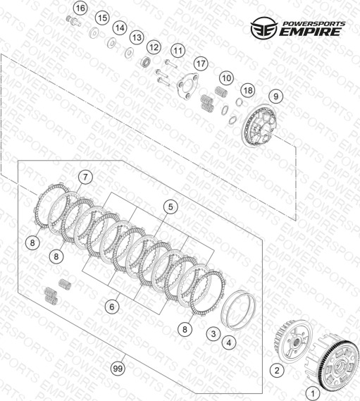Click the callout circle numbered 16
point(80,8)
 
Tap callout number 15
point(102,18)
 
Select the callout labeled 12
point(154,47)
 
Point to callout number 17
point(201,63)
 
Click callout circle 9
point(275,96)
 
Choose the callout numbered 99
point(118,369)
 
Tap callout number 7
point(85,177)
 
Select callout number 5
point(170,206)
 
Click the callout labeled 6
point(112,307)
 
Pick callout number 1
point(313,393)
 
